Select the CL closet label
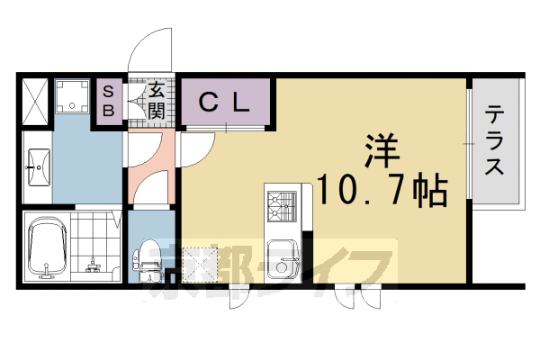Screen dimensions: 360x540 pyautogui.click(x=223, y=103)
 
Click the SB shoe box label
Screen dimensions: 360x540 pyautogui.click(x=107, y=101)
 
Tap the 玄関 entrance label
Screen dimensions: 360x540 pyautogui.click(x=156, y=101)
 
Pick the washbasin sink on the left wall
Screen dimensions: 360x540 pyautogui.click(x=38, y=166)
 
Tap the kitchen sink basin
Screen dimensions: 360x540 pyautogui.click(x=286, y=267)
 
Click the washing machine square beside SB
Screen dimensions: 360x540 pyautogui.click(x=72, y=98)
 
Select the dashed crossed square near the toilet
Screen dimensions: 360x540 pyautogui.click(x=193, y=261)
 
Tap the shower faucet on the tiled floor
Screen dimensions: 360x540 pyautogui.click(x=92, y=263)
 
